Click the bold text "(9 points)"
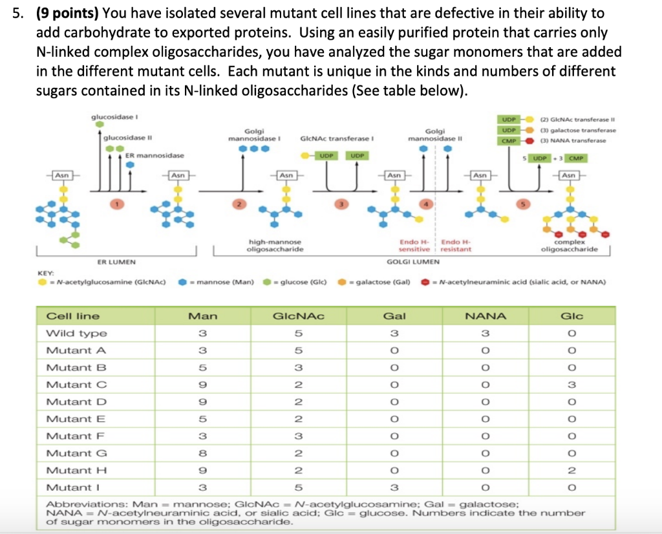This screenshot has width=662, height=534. coord(68,13)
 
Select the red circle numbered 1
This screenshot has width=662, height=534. coord(118,204)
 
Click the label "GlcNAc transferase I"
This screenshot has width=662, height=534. coord(337,138)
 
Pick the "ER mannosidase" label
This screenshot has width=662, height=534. coord(155,156)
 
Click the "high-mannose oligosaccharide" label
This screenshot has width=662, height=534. coord(275,245)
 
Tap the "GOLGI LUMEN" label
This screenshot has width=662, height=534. coord(413,262)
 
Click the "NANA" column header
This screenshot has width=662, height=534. coord(486,316)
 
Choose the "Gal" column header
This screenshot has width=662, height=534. coord(394,316)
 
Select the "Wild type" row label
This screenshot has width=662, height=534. coord(76,334)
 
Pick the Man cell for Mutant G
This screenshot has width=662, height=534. coord(202,453)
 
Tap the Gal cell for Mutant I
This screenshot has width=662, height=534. coord(394,487)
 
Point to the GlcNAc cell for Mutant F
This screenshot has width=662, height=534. coord(298,436)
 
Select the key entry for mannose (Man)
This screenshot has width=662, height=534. coord(216,283)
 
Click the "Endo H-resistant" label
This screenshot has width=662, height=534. coord(456,245)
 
